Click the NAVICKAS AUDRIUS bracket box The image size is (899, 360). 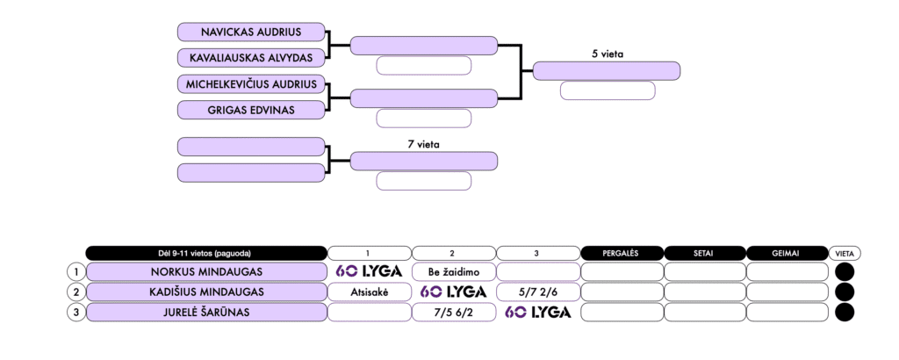(251, 32)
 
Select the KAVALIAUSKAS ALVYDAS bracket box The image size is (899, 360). (251, 58)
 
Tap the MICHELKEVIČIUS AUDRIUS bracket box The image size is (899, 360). (251, 84)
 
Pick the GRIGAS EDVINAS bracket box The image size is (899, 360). (251, 110)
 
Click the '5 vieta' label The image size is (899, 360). (607, 54)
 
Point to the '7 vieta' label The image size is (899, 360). (423, 143)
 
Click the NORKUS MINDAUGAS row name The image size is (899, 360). (206, 271)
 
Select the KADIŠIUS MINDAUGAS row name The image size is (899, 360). (206, 292)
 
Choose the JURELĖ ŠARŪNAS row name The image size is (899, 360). (206, 312)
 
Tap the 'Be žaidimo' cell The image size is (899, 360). (454, 271)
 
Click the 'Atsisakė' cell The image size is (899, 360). (370, 292)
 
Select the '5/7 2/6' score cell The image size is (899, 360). (538, 292)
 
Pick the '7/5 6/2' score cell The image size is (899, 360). (454, 312)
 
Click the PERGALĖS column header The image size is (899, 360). (622, 253)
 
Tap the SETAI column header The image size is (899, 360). (705, 253)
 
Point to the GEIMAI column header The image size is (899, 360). (788, 253)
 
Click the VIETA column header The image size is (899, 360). (845, 253)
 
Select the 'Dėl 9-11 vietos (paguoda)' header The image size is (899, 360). (206, 253)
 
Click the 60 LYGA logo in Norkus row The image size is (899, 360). (370, 271)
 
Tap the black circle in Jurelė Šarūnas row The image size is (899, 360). (845, 312)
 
